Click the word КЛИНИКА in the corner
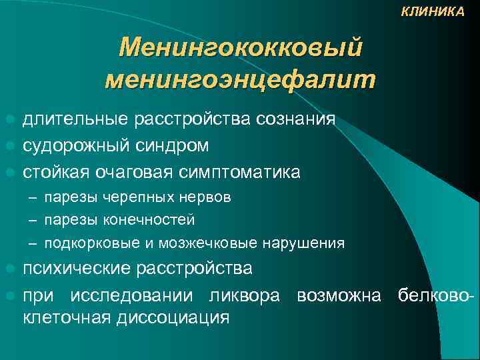point(433,11)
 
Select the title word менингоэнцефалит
point(240,79)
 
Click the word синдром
point(175,145)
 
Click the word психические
point(77,268)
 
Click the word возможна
point(339,294)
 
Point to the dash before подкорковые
point(31,243)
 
